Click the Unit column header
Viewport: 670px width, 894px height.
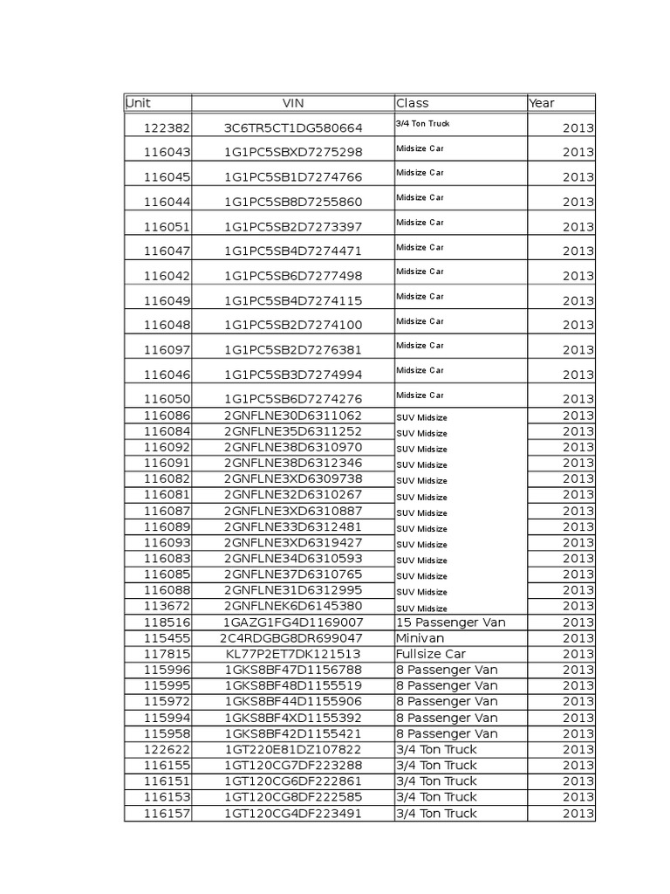click(x=139, y=103)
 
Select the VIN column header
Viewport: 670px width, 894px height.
click(x=292, y=103)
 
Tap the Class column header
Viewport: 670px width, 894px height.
click(x=413, y=103)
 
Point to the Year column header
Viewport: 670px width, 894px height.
click(x=542, y=103)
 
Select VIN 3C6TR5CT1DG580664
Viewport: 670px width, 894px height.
click(x=292, y=127)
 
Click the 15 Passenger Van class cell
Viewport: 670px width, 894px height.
click(x=451, y=622)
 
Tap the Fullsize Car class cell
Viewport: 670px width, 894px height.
click(x=431, y=654)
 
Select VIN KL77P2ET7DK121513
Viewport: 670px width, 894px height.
click(x=292, y=654)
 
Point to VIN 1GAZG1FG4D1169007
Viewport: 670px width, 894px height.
click(x=292, y=622)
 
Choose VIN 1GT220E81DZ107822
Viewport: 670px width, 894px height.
click(x=292, y=749)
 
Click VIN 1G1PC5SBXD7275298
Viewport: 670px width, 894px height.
click(x=292, y=152)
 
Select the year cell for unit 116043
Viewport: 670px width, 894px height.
click(x=578, y=152)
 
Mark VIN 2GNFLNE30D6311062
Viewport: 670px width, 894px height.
click(x=292, y=416)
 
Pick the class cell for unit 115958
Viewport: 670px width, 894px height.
click(x=447, y=733)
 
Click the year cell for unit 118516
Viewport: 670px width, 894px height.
click(x=578, y=622)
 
